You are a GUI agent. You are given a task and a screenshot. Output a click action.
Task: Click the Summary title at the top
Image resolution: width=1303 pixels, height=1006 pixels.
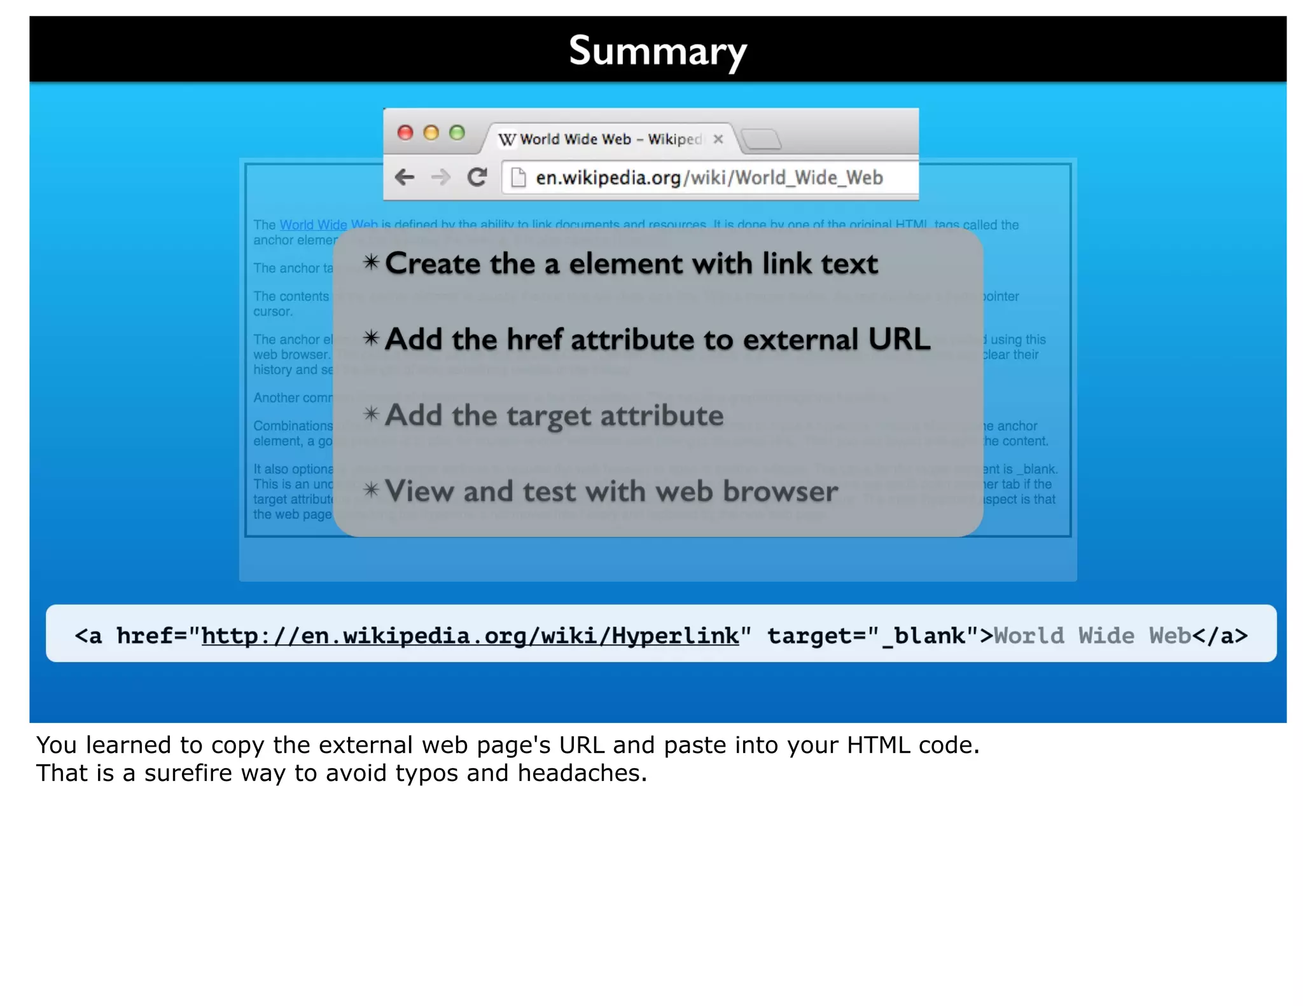pos(657,51)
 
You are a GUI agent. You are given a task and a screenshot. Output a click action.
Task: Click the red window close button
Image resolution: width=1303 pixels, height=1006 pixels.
pos(405,132)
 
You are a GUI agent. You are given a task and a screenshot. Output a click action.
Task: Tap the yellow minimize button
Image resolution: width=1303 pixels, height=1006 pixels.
pos(431,132)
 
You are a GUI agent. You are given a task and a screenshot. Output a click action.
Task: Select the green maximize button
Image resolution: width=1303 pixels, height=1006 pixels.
pos(457,132)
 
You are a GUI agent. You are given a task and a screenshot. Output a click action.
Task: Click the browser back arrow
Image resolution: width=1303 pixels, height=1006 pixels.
pos(405,177)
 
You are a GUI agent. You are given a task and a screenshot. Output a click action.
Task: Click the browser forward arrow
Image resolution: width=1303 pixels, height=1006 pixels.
pos(440,177)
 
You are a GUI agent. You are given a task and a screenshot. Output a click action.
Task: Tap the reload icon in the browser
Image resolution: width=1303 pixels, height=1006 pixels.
pos(477,177)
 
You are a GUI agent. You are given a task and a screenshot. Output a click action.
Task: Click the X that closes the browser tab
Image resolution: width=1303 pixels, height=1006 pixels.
pos(718,139)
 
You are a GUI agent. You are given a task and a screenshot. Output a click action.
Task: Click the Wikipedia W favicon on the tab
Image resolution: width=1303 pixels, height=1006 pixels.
pos(506,139)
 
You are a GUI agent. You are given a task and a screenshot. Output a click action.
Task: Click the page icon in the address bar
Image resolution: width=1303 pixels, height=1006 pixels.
pos(519,177)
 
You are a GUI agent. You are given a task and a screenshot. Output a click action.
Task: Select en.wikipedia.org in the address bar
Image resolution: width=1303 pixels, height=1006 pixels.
pos(608,177)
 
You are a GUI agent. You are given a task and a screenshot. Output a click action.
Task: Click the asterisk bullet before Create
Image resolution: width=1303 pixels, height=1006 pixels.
pos(372,262)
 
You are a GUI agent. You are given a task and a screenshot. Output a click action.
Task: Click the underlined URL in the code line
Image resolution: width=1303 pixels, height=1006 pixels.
pos(470,635)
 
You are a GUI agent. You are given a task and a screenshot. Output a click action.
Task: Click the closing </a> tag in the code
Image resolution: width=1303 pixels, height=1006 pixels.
pos(1220,635)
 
